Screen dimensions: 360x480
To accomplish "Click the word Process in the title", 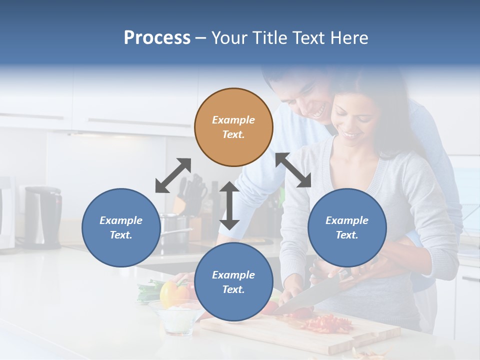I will [x=157, y=38].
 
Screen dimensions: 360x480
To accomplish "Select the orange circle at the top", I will [x=233, y=127].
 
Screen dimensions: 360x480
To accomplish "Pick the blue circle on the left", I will [x=121, y=227].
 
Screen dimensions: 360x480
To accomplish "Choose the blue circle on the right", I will [x=347, y=227].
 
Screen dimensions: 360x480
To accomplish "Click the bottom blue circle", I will [x=233, y=282].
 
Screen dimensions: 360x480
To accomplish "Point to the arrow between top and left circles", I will [x=173, y=175].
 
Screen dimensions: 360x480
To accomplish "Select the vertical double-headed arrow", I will [x=229, y=205].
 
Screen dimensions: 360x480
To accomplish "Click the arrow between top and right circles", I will [x=293, y=170].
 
